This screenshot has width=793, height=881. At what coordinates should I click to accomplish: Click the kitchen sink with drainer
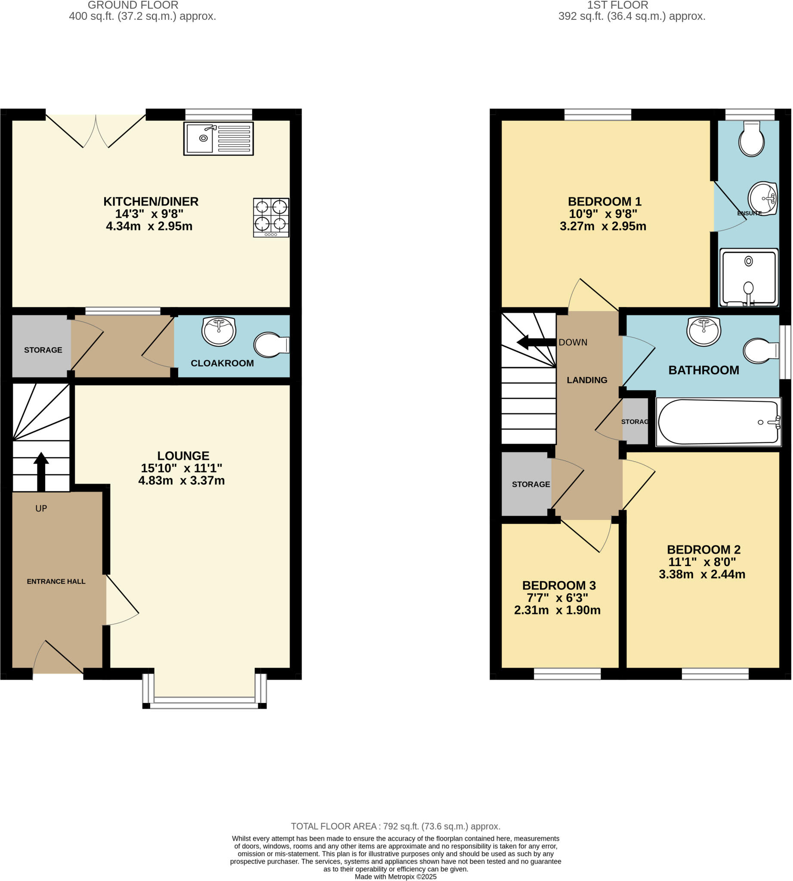[218, 139]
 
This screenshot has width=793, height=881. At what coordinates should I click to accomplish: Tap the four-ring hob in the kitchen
[271, 217]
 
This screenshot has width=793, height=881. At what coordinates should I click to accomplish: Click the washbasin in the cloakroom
[219, 331]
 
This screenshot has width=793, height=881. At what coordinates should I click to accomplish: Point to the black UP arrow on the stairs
[41, 471]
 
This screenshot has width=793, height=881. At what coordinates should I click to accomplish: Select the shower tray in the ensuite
[748, 277]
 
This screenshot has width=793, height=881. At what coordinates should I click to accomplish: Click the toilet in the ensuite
[751, 139]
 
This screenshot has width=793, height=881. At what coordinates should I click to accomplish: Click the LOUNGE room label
[183, 456]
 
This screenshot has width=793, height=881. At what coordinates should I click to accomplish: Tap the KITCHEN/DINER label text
[151, 201]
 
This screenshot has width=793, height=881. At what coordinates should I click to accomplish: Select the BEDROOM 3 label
[558, 585]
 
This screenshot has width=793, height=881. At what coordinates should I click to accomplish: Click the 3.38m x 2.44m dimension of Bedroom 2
[701, 574]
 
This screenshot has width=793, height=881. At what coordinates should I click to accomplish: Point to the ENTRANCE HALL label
[56, 581]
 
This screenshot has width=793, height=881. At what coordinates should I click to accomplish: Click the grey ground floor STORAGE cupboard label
[43, 350]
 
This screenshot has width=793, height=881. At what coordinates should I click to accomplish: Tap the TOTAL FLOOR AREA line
[395, 826]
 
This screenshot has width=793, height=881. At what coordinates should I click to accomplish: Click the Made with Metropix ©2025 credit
[395, 877]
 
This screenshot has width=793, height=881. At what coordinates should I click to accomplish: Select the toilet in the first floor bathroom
[760, 351]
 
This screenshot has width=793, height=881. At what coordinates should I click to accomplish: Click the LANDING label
[586, 380]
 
